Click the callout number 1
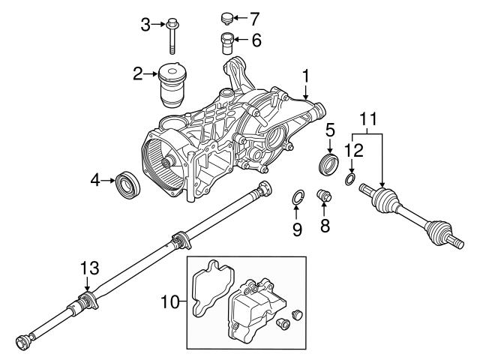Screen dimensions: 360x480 click(305, 75)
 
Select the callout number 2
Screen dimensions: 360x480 click(138, 73)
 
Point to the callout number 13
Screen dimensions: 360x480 click(89, 268)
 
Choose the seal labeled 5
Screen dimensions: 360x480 click(330, 164)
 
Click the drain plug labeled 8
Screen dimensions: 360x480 click(325, 197)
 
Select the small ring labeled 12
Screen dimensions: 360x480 click(351, 180)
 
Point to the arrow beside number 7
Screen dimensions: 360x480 click(240, 16)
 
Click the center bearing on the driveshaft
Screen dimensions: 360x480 click(178, 241)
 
